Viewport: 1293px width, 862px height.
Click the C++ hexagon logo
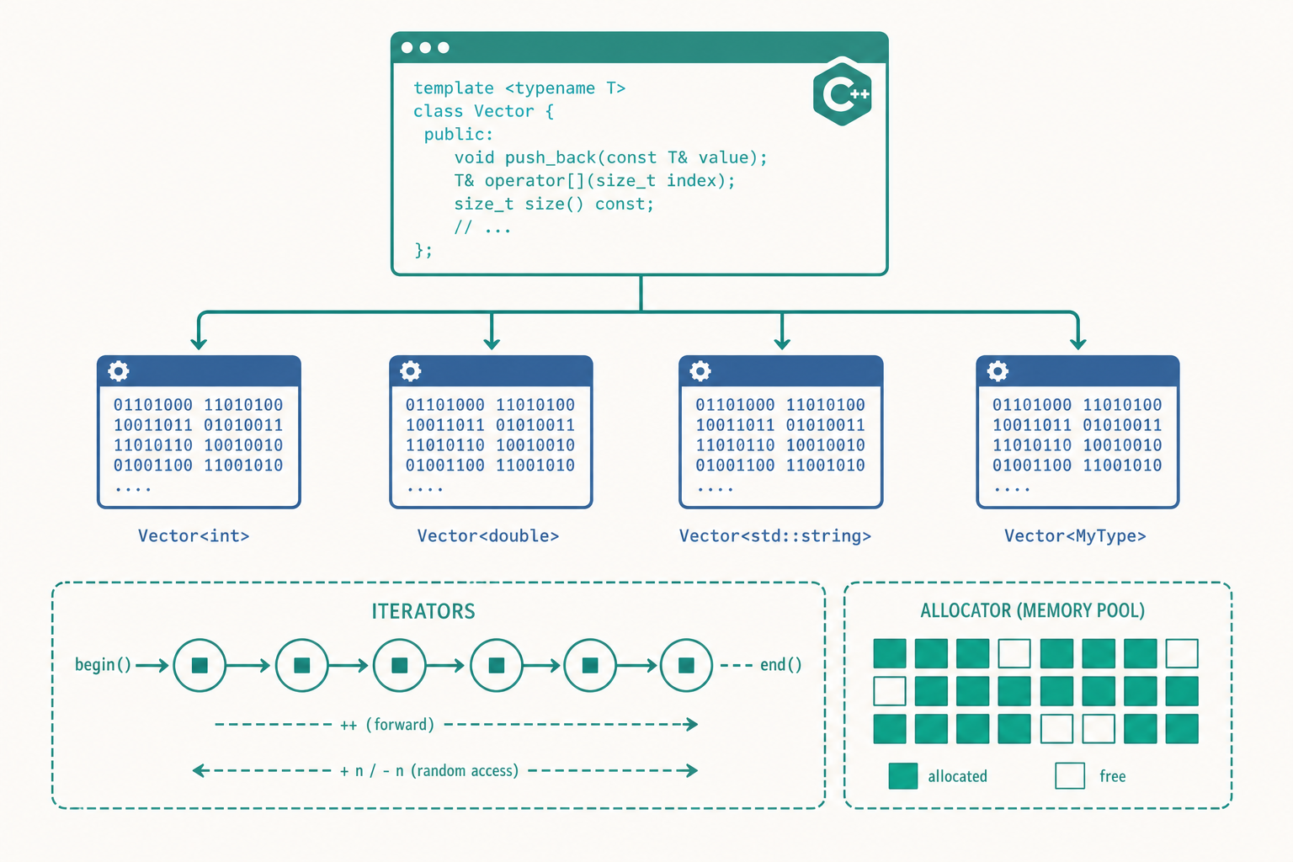(x=842, y=93)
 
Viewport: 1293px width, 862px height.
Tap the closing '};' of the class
(x=423, y=250)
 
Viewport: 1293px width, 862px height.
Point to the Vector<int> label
(x=194, y=535)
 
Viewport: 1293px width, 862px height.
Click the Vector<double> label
(x=488, y=535)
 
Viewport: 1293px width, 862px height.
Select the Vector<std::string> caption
(x=775, y=535)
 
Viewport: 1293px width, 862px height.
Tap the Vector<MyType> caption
(x=1075, y=535)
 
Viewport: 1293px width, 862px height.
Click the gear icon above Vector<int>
(x=119, y=370)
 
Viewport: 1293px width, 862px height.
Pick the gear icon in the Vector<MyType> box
(x=998, y=370)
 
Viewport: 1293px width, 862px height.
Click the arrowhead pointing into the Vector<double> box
(x=492, y=343)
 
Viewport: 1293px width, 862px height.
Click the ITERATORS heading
(x=423, y=611)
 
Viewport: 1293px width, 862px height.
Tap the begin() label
(x=103, y=665)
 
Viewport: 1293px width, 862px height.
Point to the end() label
(x=781, y=665)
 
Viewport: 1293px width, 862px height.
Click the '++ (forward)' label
(x=386, y=725)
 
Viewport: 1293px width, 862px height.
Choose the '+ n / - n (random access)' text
(x=429, y=771)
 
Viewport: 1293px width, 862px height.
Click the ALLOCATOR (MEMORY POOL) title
(x=1033, y=611)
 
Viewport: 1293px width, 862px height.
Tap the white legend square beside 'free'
(x=1070, y=775)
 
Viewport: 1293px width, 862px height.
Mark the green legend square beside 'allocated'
(x=903, y=775)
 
